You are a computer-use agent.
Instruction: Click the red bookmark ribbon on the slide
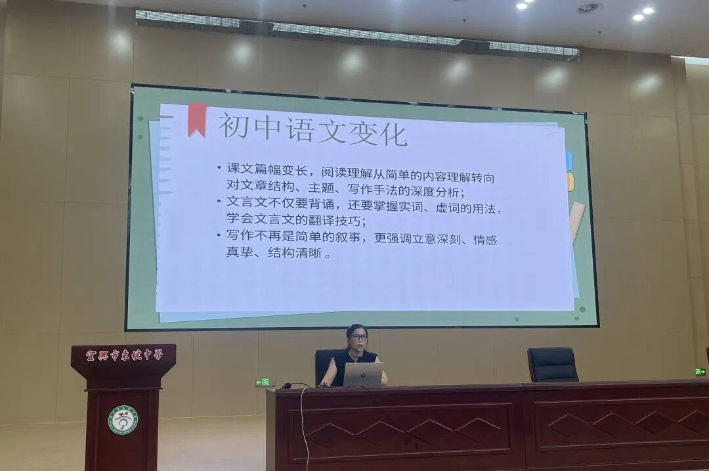point(197,119)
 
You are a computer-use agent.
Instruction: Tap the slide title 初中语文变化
point(312,128)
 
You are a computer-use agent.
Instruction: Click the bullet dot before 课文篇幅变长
point(219,168)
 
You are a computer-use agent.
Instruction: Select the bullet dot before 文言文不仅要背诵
point(219,201)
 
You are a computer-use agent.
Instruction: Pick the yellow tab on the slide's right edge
point(570,182)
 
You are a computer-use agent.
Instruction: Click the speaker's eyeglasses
point(358,337)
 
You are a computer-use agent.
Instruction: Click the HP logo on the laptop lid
point(363,374)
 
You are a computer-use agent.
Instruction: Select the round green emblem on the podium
point(123,420)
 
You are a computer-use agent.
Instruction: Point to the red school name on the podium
point(123,355)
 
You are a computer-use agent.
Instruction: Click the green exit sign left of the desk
point(263,382)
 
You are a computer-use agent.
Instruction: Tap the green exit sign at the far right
point(700,372)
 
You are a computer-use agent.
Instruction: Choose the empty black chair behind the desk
point(552,365)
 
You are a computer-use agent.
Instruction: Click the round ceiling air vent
point(590,7)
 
